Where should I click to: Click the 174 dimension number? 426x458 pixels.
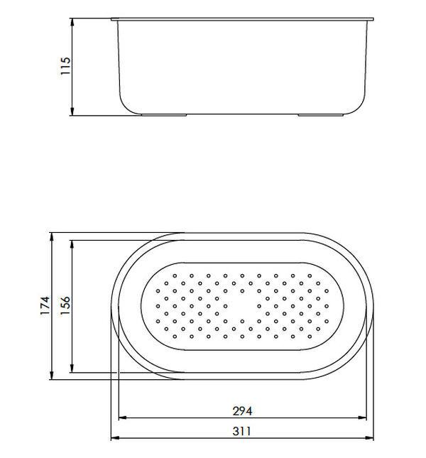[44, 305]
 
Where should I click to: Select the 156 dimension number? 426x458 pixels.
[64, 305]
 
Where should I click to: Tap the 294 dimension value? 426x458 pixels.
[243, 410]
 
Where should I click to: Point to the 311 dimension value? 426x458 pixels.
[243, 430]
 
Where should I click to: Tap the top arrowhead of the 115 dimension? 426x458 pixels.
[73, 22]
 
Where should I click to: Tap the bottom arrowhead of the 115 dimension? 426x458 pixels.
[73, 113]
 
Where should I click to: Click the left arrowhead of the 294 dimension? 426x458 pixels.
[121, 418]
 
